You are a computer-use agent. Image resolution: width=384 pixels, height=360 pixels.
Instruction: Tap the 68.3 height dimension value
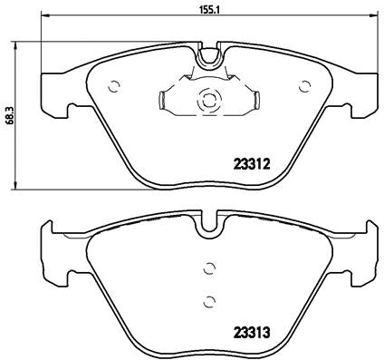(x=9, y=114)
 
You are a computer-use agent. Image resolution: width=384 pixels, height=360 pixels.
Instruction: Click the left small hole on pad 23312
(x=114, y=88)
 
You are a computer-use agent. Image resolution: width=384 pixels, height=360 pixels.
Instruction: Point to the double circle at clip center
(x=207, y=101)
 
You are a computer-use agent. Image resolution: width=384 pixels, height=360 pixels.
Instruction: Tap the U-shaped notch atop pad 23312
(x=207, y=57)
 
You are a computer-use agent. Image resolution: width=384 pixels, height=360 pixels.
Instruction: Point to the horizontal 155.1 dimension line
(x=109, y=20)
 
